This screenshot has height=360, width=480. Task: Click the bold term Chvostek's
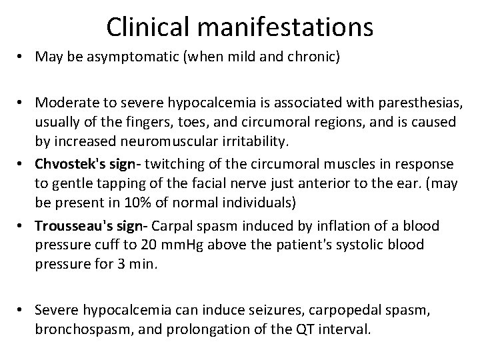pos(70,164)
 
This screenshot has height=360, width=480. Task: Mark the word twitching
pos(165,164)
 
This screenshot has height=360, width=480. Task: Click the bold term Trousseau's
pos(75,225)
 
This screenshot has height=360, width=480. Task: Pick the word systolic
pos(358,245)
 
